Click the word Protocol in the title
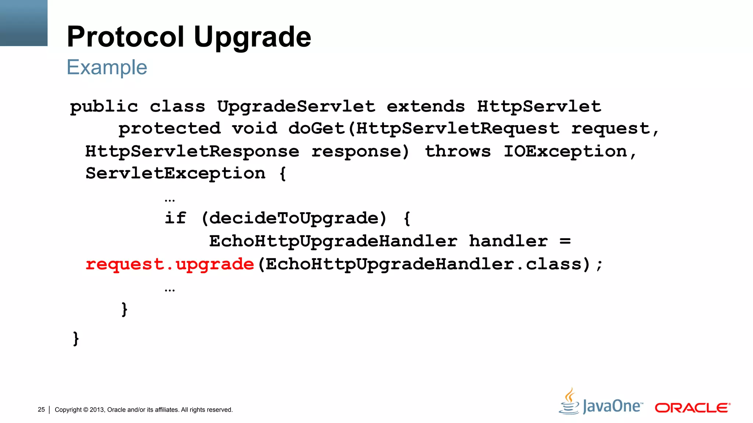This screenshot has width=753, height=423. point(125,37)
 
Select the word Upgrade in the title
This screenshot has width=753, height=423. point(252,37)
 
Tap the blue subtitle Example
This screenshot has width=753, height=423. point(107,68)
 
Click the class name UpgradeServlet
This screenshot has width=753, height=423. point(296,107)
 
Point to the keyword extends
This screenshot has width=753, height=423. point(426,107)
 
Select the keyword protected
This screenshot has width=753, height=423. point(169,129)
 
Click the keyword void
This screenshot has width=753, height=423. point(254,129)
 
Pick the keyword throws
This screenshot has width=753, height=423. point(458,151)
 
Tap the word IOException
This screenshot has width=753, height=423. point(565,151)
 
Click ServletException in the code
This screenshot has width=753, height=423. point(175,173)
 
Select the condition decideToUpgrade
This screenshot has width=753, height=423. point(294,218)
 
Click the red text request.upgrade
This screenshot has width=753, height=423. point(169,264)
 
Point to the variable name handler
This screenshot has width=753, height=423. point(508,241)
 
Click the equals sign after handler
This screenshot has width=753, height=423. point(565,241)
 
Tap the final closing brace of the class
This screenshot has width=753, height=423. point(76,339)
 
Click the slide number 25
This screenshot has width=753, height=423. point(41,409)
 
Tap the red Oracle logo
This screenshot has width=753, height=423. point(692,408)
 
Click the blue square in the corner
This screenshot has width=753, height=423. point(24,23)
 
